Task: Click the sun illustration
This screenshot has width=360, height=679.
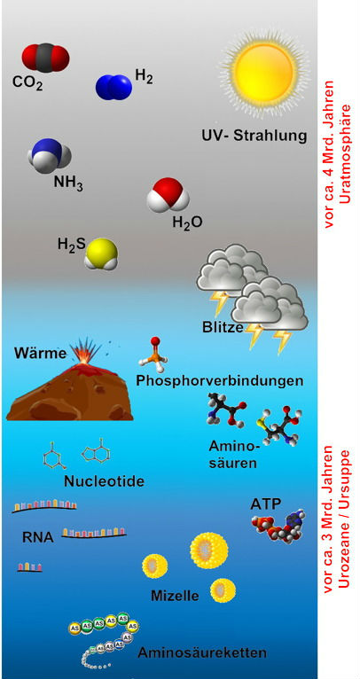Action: tap(265, 71)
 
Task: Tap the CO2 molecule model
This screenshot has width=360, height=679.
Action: tap(45, 57)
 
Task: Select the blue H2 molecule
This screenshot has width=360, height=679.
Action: tap(113, 87)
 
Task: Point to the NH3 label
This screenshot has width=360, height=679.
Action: tap(68, 183)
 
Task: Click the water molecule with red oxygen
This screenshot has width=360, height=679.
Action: tap(168, 195)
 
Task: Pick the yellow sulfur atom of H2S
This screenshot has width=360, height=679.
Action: tap(101, 253)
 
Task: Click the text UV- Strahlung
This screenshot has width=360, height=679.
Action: tap(254, 135)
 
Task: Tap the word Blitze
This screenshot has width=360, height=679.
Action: tap(223, 327)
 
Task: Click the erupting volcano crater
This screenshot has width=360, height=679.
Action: tap(80, 360)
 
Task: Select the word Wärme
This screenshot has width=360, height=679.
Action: tap(40, 353)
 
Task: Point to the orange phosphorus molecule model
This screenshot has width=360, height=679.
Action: tap(152, 355)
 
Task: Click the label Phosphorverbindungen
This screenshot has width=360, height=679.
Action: tap(219, 381)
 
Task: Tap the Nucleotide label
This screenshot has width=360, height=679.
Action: tap(104, 481)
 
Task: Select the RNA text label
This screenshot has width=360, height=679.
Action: tap(38, 538)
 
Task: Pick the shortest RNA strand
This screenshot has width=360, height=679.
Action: tap(29, 566)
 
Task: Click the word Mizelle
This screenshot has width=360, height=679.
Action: tap(175, 596)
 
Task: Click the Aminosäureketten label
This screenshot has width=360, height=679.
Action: tap(202, 652)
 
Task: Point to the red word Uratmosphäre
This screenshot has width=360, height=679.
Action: tap(345, 153)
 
